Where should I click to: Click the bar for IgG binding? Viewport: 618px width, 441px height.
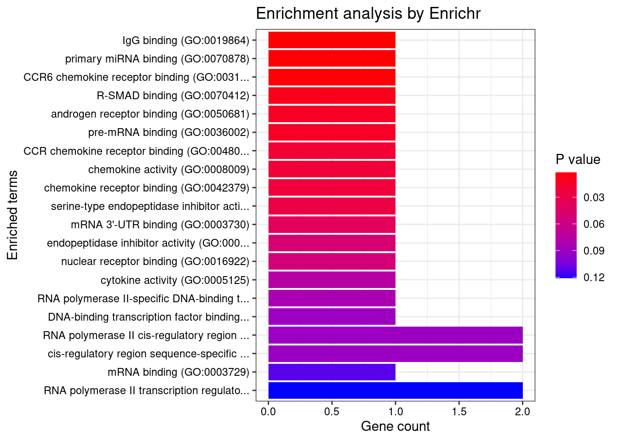pos(332,40)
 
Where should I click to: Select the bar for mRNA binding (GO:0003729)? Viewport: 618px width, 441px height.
pos(332,372)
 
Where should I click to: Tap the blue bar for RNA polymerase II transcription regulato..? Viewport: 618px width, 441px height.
pos(395,390)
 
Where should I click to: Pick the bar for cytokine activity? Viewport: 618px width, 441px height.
pos(332,280)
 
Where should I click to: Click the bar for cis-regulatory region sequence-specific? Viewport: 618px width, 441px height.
pos(395,353)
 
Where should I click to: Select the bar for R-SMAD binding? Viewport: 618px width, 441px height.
pos(332,95)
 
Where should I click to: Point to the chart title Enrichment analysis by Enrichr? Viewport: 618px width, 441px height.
pos(368,14)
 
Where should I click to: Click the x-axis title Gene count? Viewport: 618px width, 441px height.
pos(395,426)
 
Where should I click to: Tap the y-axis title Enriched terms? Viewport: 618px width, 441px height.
pos(12,215)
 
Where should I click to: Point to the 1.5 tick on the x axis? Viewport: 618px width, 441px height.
pos(459,412)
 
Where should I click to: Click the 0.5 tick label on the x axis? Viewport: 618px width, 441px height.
pos(332,412)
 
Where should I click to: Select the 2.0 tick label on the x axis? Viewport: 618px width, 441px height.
pos(522,412)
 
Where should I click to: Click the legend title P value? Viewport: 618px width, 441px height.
pos(578,159)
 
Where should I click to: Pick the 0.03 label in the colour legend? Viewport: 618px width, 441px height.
pos(594,198)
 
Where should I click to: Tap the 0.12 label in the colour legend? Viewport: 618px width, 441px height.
pos(594,277)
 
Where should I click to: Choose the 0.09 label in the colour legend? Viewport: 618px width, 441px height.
pos(594,251)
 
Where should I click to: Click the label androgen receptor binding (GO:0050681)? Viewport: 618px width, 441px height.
pos(150,114)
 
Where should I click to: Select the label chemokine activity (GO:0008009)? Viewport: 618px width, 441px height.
pos(168,170)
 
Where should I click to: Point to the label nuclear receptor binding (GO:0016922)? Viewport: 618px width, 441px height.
pos(155,261)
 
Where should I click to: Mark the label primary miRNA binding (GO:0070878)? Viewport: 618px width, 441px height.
pos(157,59)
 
